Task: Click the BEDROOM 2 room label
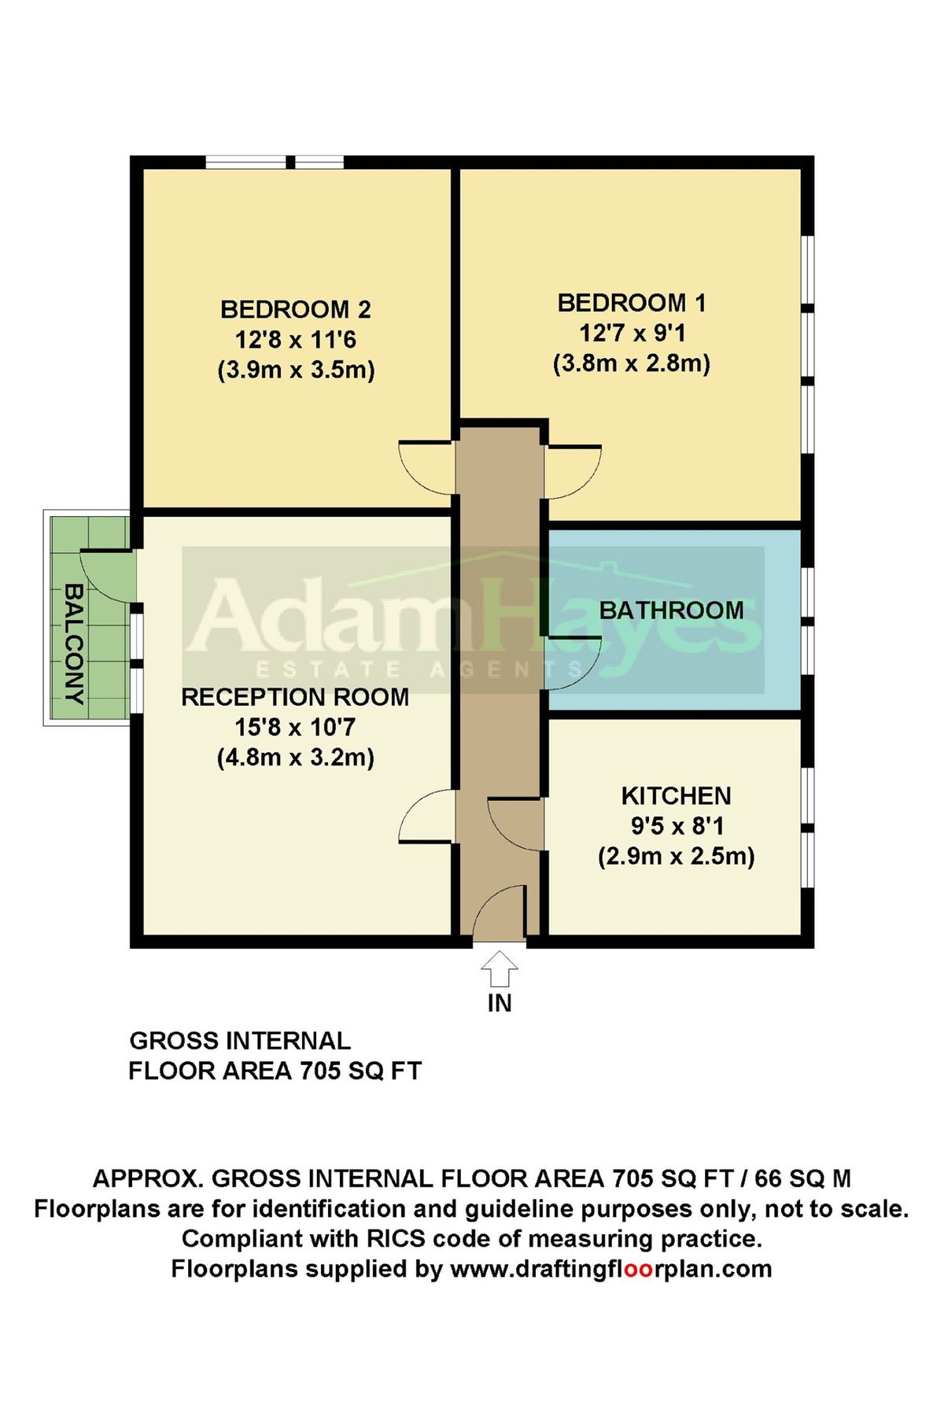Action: (x=296, y=309)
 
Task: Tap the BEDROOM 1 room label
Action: (x=632, y=303)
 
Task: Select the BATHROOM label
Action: (x=672, y=610)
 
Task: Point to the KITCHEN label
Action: (x=677, y=796)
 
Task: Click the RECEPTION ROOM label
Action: (x=295, y=697)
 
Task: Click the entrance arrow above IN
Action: (x=500, y=968)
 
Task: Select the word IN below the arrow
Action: (x=500, y=1003)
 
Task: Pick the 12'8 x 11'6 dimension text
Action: (x=296, y=340)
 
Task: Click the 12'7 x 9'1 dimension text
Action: (x=632, y=334)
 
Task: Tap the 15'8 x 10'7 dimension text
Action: (x=295, y=728)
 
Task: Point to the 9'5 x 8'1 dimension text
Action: (x=677, y=826)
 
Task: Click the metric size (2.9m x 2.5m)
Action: (x=677, y=857)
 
